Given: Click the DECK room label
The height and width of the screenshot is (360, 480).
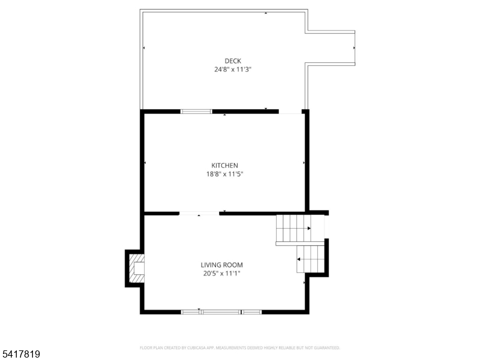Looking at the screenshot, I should pos(232,60).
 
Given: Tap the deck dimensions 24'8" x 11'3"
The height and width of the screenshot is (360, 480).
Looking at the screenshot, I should pos(232,69).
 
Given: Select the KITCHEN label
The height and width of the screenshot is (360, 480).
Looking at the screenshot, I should pos(224,166).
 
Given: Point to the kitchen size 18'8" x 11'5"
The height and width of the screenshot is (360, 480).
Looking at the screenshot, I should pos(224,175).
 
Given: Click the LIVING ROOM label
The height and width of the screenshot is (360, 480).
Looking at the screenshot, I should pos(221,265).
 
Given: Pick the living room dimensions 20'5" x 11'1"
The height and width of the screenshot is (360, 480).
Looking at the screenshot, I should pos(221,274).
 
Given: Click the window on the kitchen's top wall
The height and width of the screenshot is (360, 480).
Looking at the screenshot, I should pos(196,111).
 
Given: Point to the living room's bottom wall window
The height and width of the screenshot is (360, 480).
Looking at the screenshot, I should pos(221,311).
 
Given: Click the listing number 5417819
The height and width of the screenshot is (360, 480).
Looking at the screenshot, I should pos(20,355).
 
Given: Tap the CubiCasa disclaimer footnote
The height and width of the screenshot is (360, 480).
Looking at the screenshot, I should pos(240,347).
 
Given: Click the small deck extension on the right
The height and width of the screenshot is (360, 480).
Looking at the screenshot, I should pos(331,47).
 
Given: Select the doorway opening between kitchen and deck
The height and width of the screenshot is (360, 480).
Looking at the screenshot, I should pos(290,111).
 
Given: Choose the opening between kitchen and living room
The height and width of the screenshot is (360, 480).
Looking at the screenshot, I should pos(199,213).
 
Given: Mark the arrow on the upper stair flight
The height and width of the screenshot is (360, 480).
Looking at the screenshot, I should pos(309,229).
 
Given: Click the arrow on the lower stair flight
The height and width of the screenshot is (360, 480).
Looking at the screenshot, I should pos(298,259).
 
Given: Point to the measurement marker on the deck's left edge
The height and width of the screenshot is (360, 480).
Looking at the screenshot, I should pos(144,47).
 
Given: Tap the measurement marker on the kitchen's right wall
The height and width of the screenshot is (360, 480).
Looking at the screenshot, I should pos(304,163).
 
